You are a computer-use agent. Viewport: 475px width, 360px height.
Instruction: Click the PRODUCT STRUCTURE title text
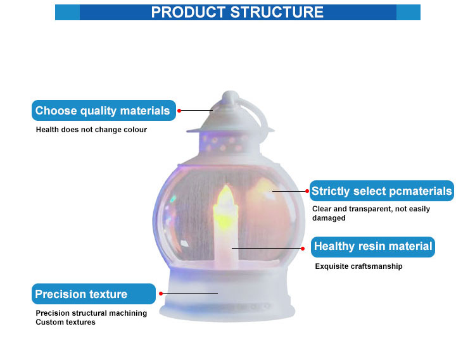pos(237,12)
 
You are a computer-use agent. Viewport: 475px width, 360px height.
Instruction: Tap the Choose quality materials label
pos(103,111)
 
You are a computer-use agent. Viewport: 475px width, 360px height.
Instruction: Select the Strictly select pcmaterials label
pos(382,191)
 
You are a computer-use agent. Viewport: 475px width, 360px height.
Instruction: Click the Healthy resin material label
pos(373,246)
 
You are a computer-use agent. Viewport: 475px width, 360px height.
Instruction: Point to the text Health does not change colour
pos(91,130)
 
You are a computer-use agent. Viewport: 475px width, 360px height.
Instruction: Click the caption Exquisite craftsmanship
pos(358,266)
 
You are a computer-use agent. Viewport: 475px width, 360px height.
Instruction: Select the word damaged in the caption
pos(329,218)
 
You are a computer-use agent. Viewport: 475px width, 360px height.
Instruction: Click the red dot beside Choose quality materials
pos(179,111)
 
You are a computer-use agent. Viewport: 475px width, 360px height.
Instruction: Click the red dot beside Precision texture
pos(161,294)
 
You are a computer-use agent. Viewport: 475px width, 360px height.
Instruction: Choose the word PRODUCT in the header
pos(186,12)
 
